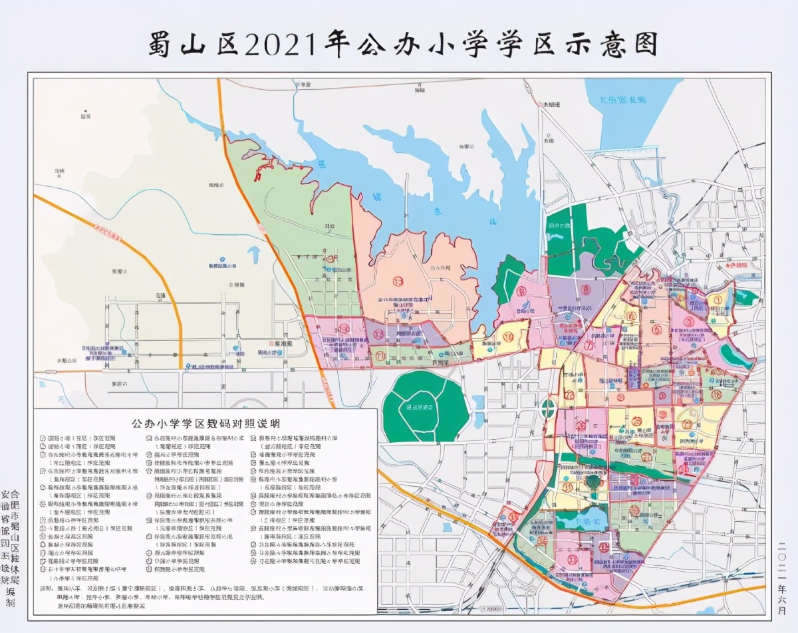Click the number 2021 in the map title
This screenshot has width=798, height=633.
pyautogui.click(x=282, y=45)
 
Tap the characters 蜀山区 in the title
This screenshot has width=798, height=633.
pyautogui.click(x=194, y=45)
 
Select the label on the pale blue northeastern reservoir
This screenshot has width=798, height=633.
pyautogui.click(x=619, y=100)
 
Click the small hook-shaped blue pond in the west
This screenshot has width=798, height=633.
pyautogui.click(x=255, y=254)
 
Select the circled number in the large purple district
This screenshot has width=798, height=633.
pyautogui.click(x=585, y=290)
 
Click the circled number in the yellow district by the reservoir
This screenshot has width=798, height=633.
pyautogui.click(x=509, y=336)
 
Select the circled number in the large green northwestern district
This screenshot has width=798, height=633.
pyautogui.click(x=331, y=258)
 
